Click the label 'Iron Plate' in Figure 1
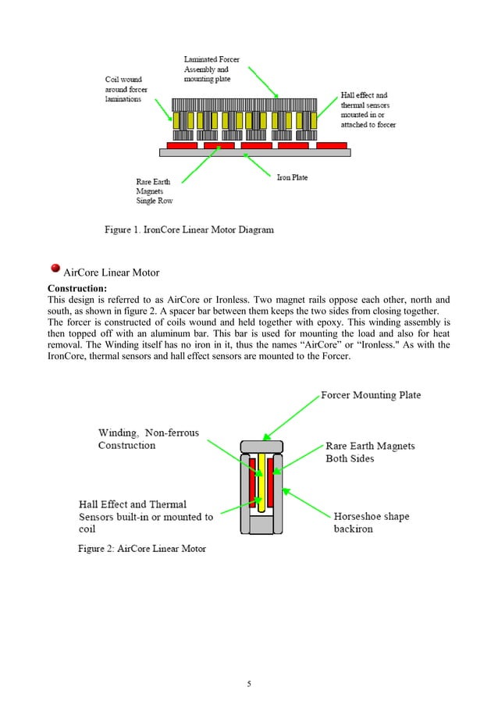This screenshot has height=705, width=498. [293, 177]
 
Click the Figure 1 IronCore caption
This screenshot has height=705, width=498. [190, 230]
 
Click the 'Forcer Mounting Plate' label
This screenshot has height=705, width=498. [371, 395]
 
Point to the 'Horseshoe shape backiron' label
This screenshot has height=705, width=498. [371, 522]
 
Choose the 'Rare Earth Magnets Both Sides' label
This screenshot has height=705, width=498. [370, 452]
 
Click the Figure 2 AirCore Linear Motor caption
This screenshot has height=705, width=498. [141, 549]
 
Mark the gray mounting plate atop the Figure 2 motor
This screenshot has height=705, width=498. [262, 446]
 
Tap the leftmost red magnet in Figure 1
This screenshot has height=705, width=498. [180, 145]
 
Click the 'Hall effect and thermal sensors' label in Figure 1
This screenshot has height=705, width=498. [365, 110]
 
